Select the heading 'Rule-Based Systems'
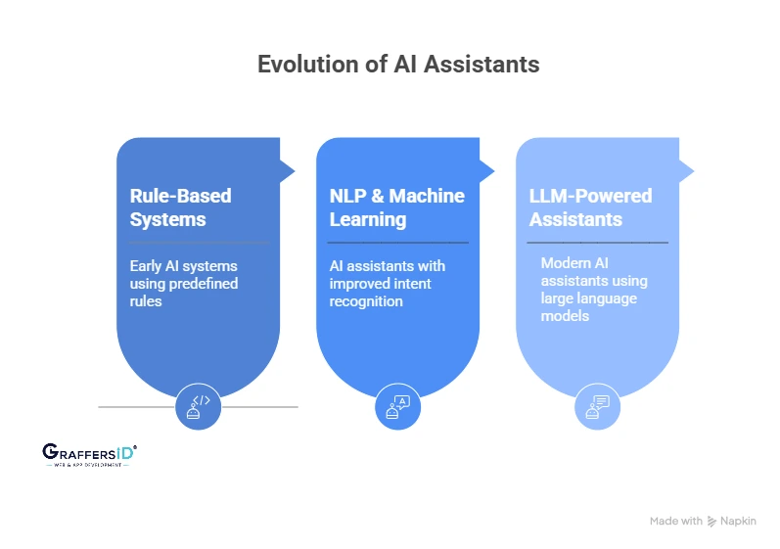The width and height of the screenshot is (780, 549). [181, 207]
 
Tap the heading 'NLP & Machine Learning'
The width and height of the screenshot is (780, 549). [396, 207]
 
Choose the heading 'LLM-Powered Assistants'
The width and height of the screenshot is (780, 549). [589, 207]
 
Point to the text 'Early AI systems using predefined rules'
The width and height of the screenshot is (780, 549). [184, 284]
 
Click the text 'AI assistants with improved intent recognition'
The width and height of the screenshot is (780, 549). [388, 284]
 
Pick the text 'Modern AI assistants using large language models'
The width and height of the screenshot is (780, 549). [594, 290]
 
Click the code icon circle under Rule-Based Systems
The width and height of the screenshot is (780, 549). [199, 406]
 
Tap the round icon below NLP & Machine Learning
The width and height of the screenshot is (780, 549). [398, 406]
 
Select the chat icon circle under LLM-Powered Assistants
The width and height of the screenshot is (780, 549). [598, 406]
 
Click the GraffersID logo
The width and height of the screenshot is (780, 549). [89, 454]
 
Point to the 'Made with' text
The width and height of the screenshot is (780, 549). [675, 522]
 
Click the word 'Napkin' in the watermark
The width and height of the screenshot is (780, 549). [740, 522]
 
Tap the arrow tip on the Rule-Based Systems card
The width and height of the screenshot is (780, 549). [289, 171]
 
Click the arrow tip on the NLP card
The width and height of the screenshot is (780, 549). [488, 171]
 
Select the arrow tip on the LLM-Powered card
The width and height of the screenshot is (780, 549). [688, 171]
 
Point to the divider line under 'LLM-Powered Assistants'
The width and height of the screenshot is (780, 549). [598, 242]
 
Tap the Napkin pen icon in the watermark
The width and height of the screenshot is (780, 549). [713, 522]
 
